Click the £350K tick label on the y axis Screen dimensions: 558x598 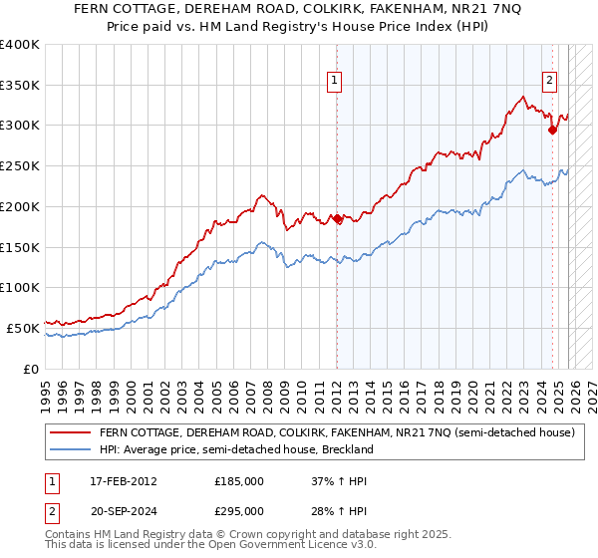point(20,86)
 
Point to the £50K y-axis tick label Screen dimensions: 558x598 point(23,328)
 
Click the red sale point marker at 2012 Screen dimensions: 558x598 point(337,219)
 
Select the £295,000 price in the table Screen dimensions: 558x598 point(239,512)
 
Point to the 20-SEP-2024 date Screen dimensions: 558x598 point(122,512)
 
